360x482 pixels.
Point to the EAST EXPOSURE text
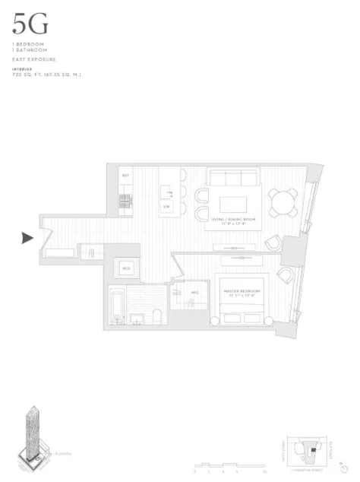click(34, 59)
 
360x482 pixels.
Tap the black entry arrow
click(27, 238)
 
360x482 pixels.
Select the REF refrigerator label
click(125, 176)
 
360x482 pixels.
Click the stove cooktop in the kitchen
click(125, 201)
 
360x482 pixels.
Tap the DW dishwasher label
click(167, 206)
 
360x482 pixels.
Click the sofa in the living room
click(232, 179)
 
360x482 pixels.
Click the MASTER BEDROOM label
click(242, 292)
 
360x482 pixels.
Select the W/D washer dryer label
click(125, 268)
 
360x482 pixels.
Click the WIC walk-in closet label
click(194, 293)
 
